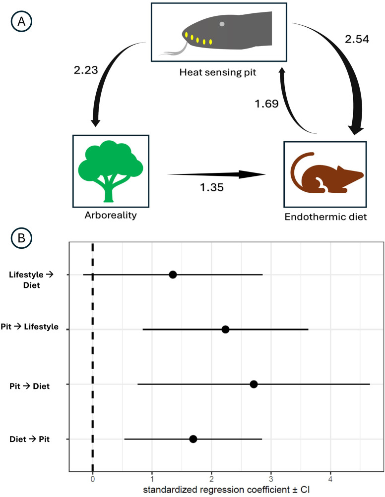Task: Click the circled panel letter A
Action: [21, 23]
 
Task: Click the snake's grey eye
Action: [222, 24]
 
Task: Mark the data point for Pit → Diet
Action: [254, 384]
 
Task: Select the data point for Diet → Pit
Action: [193, 439]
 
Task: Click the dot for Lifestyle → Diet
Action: [173, 275]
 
